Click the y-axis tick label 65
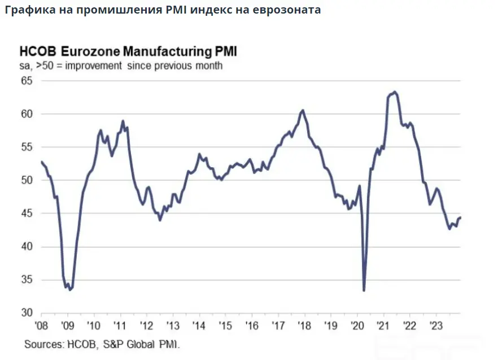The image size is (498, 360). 27,81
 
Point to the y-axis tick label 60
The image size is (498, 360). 27,114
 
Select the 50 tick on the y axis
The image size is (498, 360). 27,180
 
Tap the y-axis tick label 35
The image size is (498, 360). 27,280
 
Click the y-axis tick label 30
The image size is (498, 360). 27,313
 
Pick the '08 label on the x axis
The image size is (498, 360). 41,326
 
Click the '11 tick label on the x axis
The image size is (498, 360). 119,326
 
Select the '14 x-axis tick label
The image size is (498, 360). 199,326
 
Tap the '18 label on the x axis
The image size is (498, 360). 304,326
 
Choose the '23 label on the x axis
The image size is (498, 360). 436,326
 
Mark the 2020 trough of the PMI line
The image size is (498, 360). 364,290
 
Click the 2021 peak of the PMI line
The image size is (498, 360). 395,92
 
